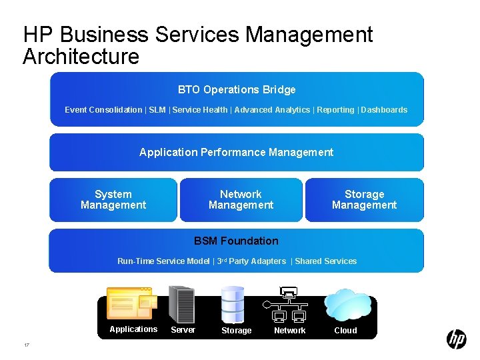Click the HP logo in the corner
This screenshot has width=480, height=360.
pos(456,339)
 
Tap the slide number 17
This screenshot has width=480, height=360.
pos(26,345)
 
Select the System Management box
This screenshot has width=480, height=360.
pos(113,200)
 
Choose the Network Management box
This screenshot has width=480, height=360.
pos(241,200)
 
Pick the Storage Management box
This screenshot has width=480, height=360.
pos(364,200)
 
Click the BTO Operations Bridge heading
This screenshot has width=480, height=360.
pos(237,90)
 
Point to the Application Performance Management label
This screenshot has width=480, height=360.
pos(236,153)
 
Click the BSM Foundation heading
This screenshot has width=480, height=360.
pos(236,241)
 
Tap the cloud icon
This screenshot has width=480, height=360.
pos(347,305)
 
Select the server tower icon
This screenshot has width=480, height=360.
pos(181,304)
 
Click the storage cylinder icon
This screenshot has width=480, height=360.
pos(233,304)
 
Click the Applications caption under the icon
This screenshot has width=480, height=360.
pos(133,329)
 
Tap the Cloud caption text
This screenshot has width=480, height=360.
pos(345,331)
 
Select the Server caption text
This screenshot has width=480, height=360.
pos(183,330)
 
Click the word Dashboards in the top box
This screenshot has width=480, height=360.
pos(384,110)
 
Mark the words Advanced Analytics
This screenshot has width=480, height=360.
pos(272,110)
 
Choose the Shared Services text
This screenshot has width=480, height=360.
pos(325,261)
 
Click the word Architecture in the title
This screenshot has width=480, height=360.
pos(81,57)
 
